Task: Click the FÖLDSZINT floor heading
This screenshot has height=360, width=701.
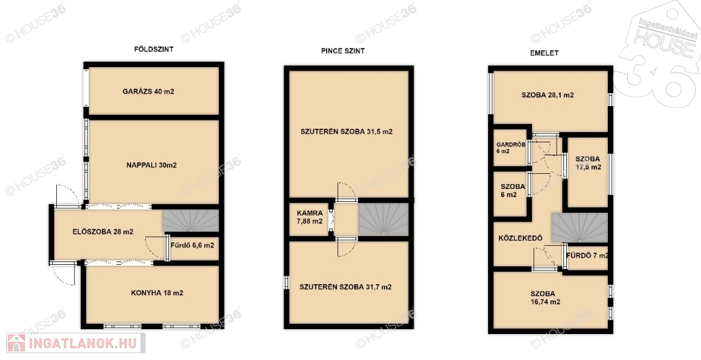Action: click(x=154, y=49)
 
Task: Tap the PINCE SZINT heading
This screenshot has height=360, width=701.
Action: click(x=343, y=51)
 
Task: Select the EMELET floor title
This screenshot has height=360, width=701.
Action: click(x=544, y=53)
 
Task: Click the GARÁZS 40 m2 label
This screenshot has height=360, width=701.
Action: click(x=149, y=92)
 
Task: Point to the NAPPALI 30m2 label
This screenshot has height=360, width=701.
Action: click(x=151, y=165)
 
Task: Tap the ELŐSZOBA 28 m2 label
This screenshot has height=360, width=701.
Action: click(x=103, y=231)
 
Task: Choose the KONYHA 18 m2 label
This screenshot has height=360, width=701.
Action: click(x=157, y=293)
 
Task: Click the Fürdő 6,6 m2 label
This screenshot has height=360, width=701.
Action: click(x=192, y=245)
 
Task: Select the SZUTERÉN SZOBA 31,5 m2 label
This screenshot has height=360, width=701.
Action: click(x=346, y=132)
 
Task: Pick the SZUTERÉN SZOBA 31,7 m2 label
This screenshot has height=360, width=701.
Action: click(x=346, y=287)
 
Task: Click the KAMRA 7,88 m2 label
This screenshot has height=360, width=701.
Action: click(x=310, y=218)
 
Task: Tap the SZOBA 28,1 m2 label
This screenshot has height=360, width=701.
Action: click(x=548, y=95)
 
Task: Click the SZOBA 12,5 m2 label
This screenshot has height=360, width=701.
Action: click(x=588, y=163)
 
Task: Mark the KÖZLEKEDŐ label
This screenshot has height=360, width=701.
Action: click(x=520, y=238)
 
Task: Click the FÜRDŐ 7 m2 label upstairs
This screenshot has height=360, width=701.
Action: click(x=587, y=256)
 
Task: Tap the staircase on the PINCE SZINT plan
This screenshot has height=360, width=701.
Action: click(x=384, y=219)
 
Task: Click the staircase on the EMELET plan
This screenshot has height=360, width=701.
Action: click(x=579, y=228)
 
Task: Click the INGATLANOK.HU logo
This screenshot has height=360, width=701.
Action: click(x=75, y=343)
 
